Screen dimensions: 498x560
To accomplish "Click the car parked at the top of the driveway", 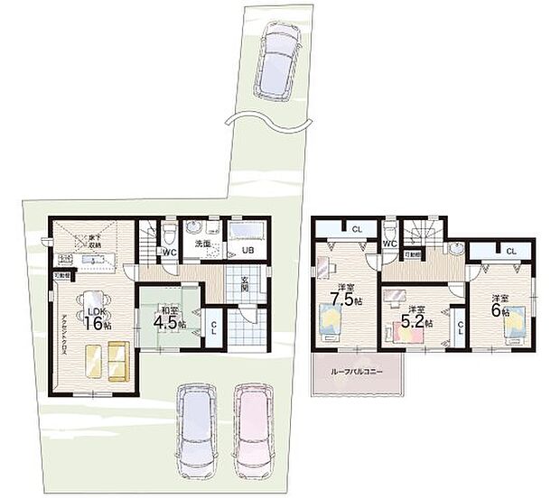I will point(279,60).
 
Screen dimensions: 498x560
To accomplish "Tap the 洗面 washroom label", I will point(203,244).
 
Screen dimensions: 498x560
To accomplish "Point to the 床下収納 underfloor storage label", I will point(93,242).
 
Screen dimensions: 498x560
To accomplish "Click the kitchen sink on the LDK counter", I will point(91,261).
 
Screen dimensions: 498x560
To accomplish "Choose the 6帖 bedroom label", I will point(499,304).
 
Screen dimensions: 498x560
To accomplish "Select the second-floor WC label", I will point(391,243).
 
